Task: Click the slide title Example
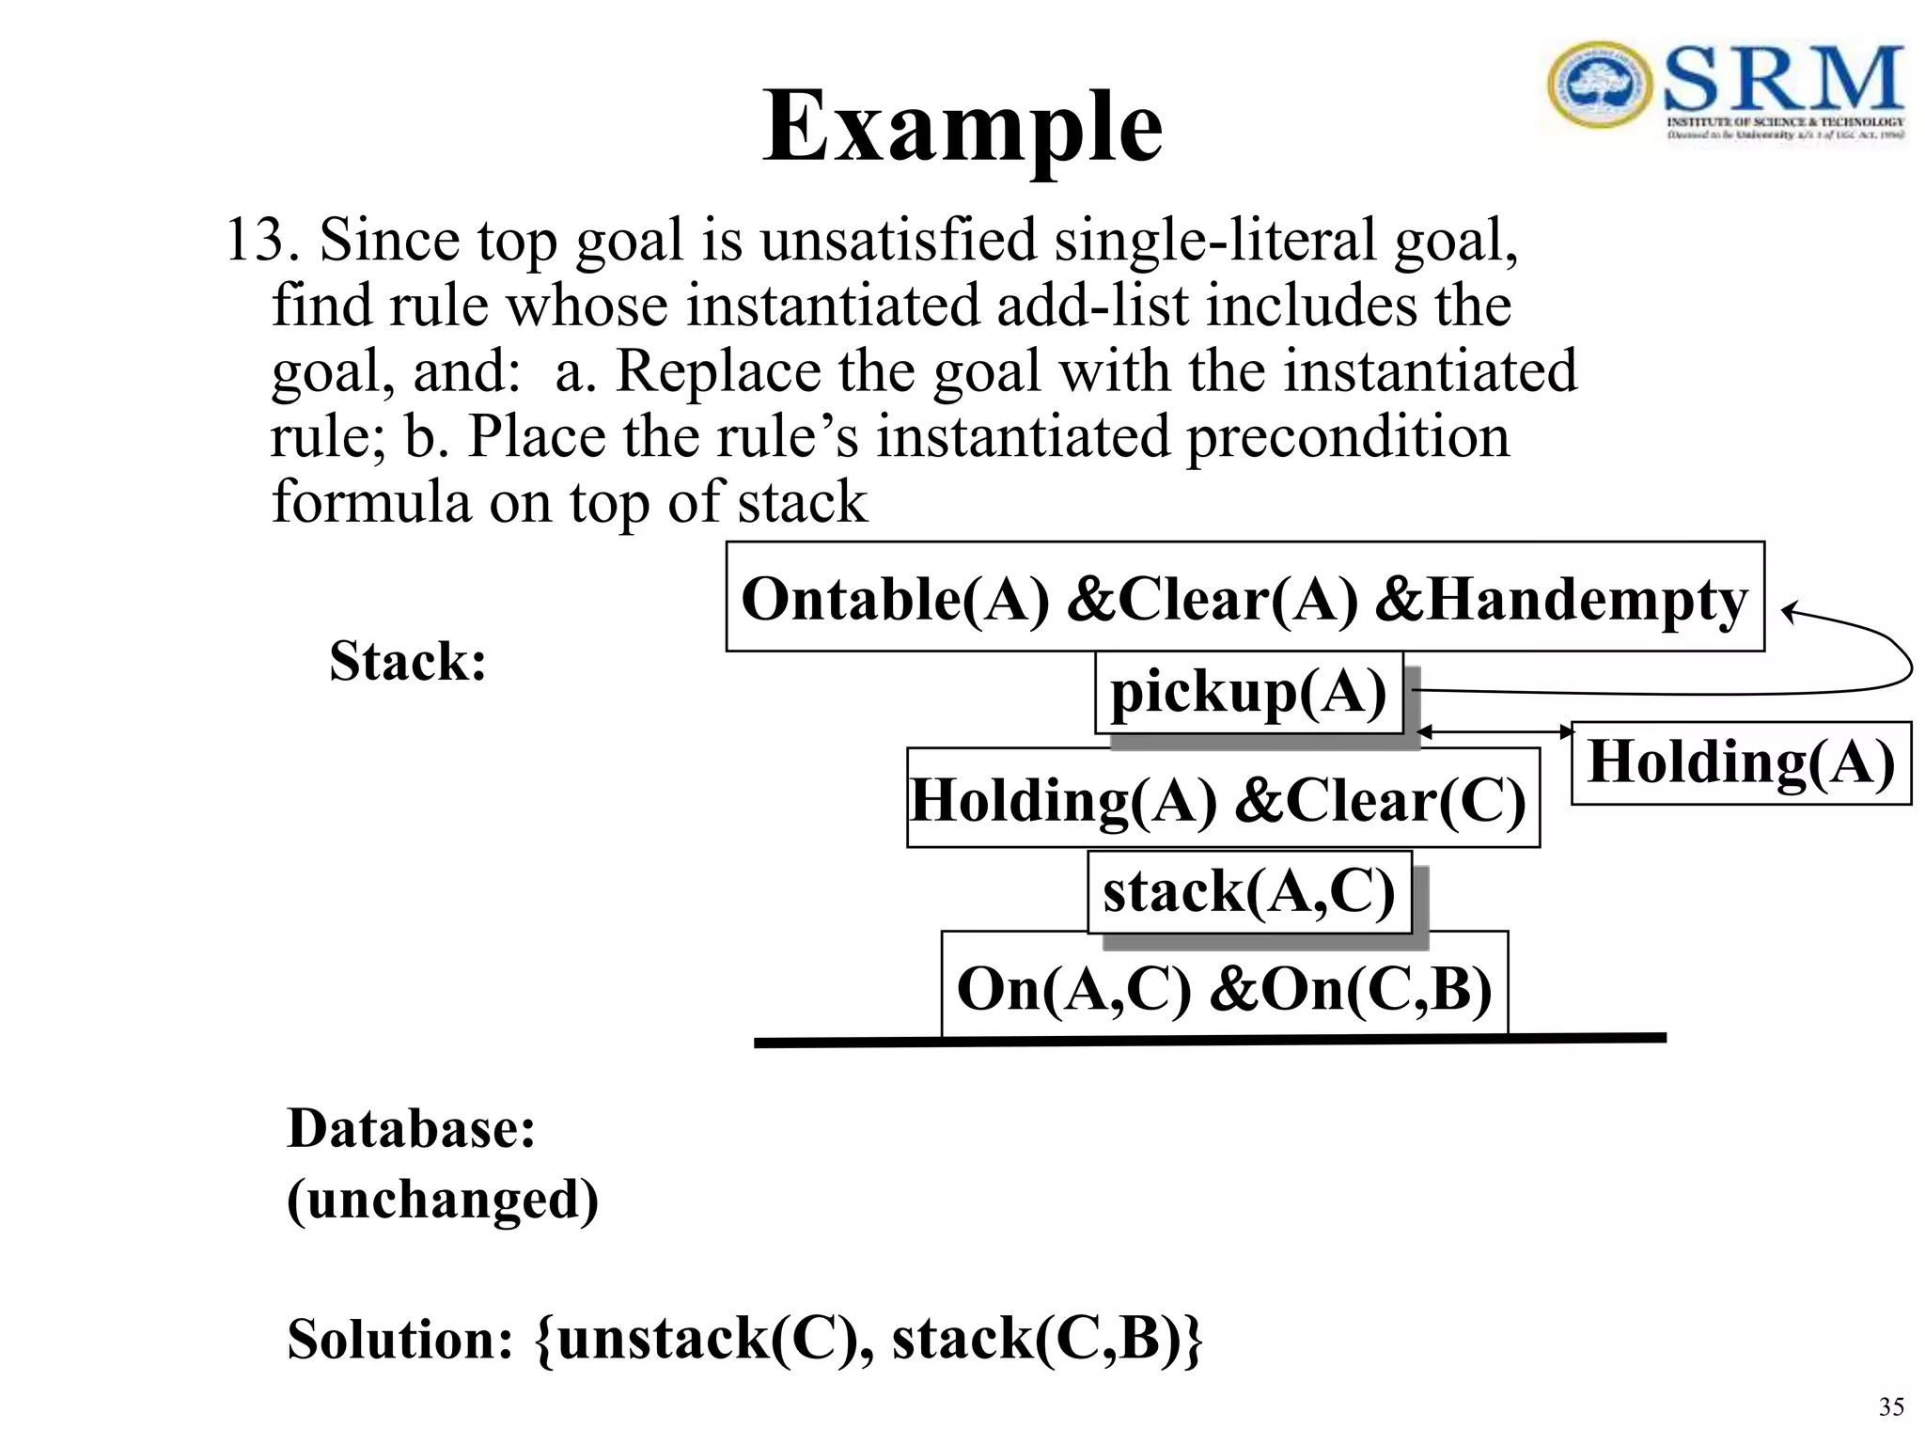[962, 127]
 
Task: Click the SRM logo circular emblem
[1599, 85]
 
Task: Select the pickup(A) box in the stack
[1248, 693]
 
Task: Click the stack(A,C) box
[1249, 892]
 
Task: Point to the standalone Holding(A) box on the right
[1741, 762]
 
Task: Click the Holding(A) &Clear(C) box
[1221, 799]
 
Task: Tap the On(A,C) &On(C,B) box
[1224, 987]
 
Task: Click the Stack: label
[408, 661]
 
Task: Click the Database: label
[411, 1128]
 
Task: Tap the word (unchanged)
[442, 1200]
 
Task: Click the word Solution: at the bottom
[400, 1339]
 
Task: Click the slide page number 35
[1890, 1406]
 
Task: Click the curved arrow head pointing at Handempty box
[1788, 612]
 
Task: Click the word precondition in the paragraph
[1348, 437]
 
